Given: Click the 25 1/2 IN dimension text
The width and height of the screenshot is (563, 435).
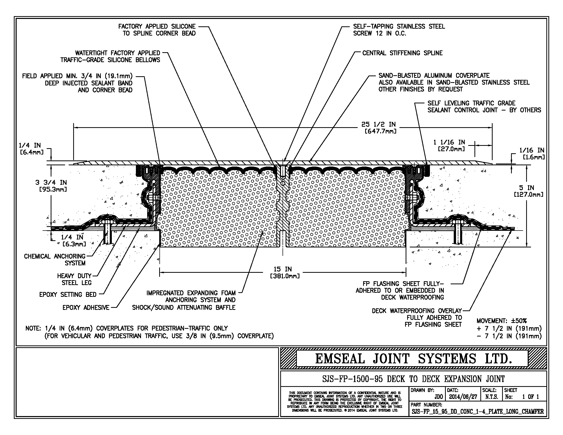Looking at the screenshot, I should pos(378,125).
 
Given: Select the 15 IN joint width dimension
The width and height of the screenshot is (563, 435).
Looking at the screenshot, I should pos(283,269).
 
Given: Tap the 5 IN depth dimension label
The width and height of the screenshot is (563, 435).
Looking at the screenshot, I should pos(526,188).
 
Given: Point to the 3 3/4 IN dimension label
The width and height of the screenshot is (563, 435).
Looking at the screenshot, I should pos(51,183).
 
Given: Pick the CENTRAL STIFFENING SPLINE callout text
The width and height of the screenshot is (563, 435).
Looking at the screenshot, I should pos(402,53).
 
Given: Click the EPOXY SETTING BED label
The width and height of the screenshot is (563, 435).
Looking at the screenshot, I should pos(68,295).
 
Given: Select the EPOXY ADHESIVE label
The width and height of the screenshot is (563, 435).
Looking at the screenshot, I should pos(86,307).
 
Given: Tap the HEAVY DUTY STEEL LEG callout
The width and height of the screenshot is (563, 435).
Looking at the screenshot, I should pos(74,279).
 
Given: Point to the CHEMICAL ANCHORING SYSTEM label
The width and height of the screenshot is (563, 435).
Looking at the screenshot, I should pos(55,259).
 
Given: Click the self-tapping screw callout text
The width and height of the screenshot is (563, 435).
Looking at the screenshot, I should pos(399,30).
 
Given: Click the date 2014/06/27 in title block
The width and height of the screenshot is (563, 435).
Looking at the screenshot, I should pos(463,397).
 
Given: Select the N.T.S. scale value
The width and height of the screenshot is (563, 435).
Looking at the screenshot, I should pos(492,397).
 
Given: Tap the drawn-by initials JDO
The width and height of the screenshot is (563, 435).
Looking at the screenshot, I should pos(438,397).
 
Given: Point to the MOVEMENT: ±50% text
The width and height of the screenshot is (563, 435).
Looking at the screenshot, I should pos(501,321).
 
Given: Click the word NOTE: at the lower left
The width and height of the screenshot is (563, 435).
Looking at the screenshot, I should pos(33,329).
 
